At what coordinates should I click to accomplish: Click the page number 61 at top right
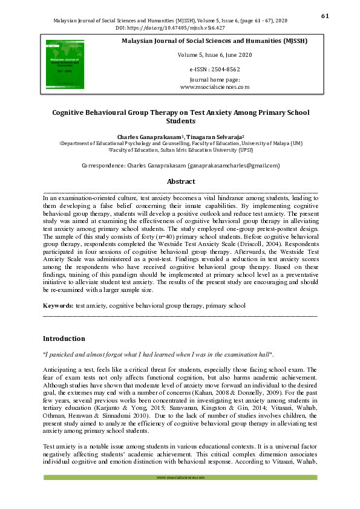[x=324, y=16]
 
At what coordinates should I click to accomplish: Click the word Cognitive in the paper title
[x=71, y=112]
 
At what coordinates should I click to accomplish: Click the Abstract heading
[x=180, y=181]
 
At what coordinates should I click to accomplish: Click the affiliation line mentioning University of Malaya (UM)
[x=180, y=143]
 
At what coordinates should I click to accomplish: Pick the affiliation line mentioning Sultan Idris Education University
[x=180, y=150]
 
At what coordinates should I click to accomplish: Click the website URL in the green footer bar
[x=180, y=478]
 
